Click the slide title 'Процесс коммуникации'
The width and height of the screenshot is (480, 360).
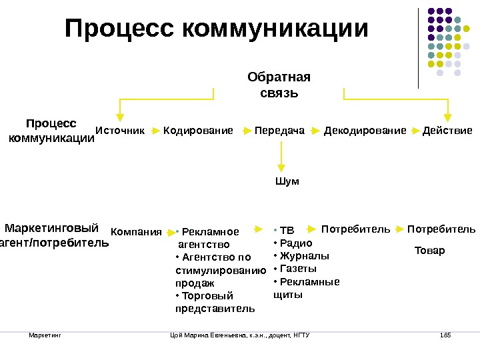pos(217,29)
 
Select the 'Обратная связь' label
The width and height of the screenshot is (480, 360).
pos(279,85)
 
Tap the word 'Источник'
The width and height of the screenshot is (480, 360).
pos(120,131)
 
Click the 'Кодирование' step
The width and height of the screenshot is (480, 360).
pos(198,131)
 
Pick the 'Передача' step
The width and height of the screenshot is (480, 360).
pos(279,131)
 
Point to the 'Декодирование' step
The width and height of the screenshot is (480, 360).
pos(365,131)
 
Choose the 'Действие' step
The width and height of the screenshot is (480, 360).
pos(447,131)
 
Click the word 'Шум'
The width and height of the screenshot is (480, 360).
pos(287,181)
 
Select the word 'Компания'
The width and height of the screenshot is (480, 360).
pos(136,232)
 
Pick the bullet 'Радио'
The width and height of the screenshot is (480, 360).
pos(290,243)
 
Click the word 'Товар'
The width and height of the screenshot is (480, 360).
pos(429,251)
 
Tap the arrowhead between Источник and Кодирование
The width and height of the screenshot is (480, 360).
pos(155,131)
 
